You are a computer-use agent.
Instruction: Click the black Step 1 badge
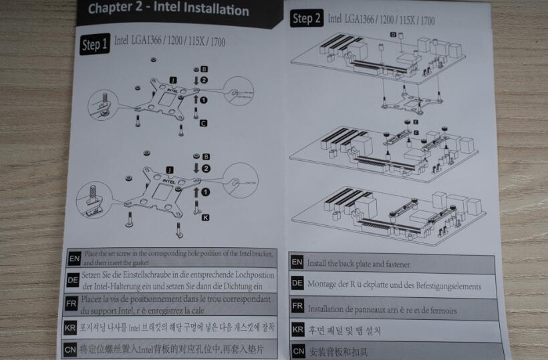tap(94, 45)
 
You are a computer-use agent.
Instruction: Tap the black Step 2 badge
tap(305, 19)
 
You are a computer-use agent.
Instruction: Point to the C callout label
tap(203, 123)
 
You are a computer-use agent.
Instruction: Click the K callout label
tap(204, 217)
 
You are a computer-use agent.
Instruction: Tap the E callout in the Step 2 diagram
tap(416, 122)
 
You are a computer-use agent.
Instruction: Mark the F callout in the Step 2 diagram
tap(415, 133)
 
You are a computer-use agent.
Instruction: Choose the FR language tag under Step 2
tap(298, 307)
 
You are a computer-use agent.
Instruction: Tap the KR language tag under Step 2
tap(298, 329)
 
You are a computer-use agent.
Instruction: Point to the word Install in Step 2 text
tap(319, 264)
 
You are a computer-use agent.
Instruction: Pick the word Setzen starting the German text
tap(93, 275)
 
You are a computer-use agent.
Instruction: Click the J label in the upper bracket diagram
tap(172, 79)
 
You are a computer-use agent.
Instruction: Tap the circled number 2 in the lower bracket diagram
tap(204, 168)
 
